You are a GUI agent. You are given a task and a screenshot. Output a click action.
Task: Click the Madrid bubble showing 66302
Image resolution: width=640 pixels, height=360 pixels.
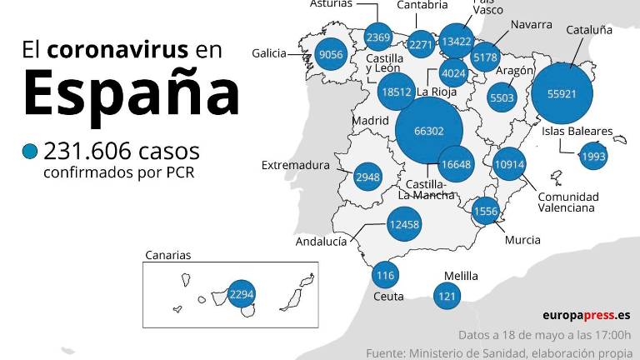click(x=428, y=131)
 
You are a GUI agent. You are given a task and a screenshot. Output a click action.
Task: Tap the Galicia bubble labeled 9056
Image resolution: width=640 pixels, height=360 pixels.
click(x=331, y=55)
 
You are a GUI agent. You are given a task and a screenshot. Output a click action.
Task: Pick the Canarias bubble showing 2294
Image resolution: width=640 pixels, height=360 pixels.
click(x=241, y=294)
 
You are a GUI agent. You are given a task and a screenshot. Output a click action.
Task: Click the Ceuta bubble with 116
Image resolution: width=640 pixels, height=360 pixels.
click(x=385, y=276)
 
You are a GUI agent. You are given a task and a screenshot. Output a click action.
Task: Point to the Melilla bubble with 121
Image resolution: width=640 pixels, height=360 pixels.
click(x=447, y=295)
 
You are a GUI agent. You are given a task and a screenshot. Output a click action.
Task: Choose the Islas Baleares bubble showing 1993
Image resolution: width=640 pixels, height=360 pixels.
click(x=594, y=157)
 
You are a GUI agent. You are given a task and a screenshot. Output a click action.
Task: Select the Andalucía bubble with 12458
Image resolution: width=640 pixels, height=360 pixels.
click(x=404, y=223)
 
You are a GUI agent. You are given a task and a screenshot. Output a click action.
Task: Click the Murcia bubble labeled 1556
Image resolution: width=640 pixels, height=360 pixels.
click(x=485, y=211)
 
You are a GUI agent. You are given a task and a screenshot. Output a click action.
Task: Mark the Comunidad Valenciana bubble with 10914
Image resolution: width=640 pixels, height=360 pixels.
click(x=508, y=164)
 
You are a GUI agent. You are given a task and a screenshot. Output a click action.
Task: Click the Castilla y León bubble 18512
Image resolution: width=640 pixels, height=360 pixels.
click(x=395, y=92)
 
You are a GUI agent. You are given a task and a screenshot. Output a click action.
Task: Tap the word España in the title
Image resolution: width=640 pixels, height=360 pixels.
click(x=131, y=94)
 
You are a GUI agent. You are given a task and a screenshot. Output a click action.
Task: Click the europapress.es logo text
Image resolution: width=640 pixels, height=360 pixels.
click(x=587, y=315)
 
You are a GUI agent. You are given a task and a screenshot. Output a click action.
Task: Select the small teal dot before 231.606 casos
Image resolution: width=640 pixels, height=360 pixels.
click(x=30, y=152)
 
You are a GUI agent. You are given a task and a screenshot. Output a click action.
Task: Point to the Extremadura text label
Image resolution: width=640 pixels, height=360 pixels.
click(x=296, y=165)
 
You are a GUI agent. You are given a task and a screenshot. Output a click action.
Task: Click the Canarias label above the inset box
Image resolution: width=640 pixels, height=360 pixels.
click(x=167, y=255)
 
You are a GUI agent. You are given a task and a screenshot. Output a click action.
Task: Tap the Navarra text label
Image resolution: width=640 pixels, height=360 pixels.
click(x=531, y=24)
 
